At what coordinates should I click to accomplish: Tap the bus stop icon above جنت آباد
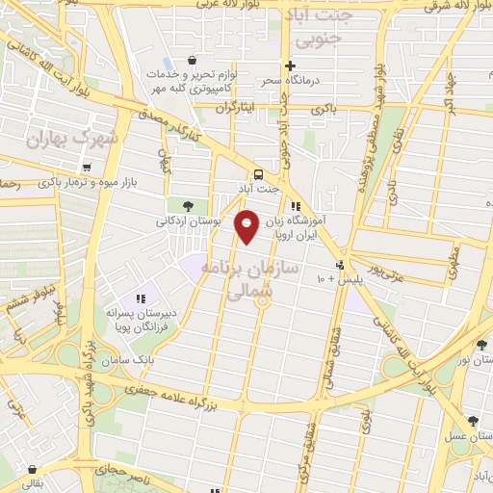tap(258, 173)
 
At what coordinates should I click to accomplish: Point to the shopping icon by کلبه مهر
tap(195, 60)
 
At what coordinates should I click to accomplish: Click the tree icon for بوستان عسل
tap(473, 421)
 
